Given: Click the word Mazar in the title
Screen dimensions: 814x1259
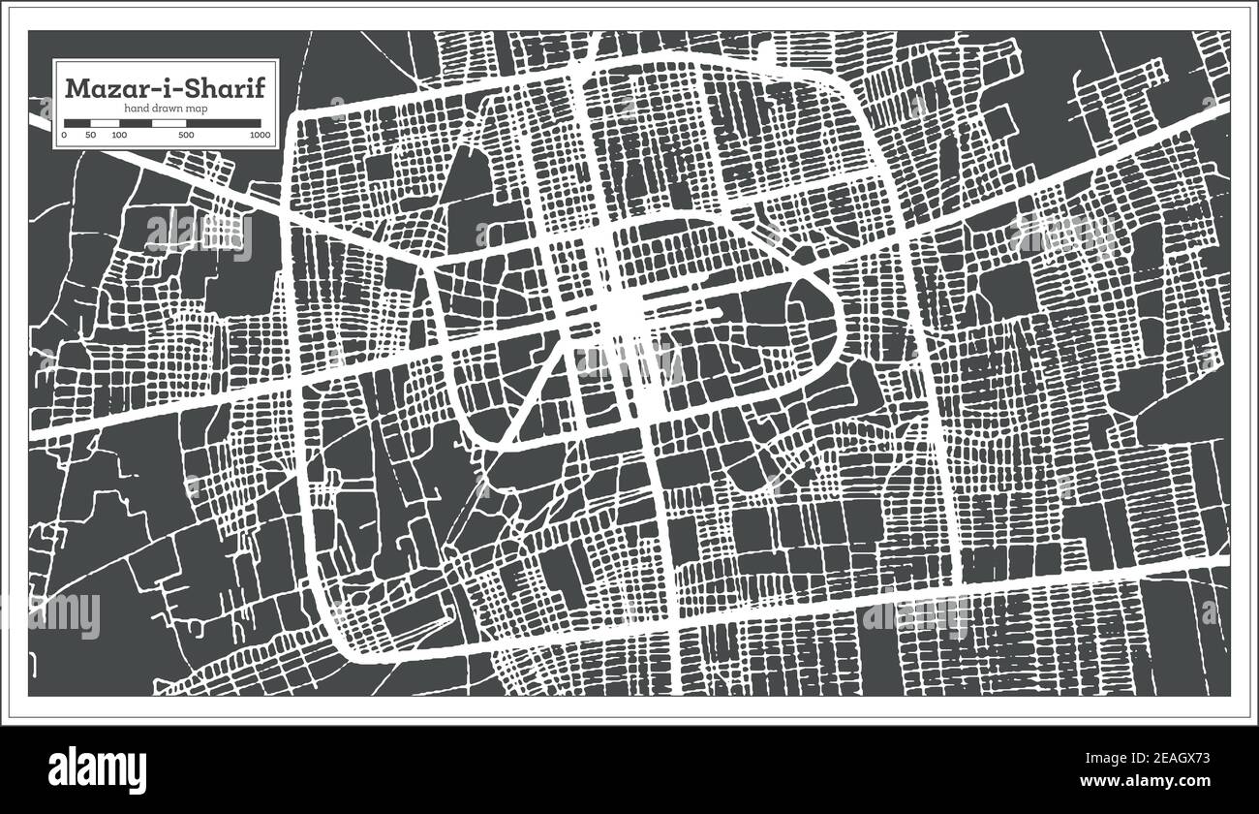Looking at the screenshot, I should [x=99, y=87].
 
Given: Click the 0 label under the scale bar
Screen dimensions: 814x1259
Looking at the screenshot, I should [x=64, y=135].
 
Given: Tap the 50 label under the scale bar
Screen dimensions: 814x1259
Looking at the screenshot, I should [x=90, y=135].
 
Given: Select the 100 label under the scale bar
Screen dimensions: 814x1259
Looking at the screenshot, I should [x=119, y=135].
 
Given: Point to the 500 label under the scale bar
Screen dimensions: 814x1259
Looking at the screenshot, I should [x=185, y=135].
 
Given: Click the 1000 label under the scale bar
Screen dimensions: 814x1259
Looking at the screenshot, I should [x=259, y=135].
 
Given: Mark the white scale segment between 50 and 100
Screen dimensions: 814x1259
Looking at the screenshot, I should [x=105, y=123].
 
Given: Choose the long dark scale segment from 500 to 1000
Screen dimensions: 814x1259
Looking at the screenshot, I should [x=224, y=123].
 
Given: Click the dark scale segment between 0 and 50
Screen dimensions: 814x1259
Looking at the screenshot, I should [x=77, y=123].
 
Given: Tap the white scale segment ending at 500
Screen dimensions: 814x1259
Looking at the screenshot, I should [x=169, y=123].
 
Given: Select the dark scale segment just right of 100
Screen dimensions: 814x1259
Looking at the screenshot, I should [x=136, y=123].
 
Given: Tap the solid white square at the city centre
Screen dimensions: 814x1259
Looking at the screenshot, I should [x=625, y=312].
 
